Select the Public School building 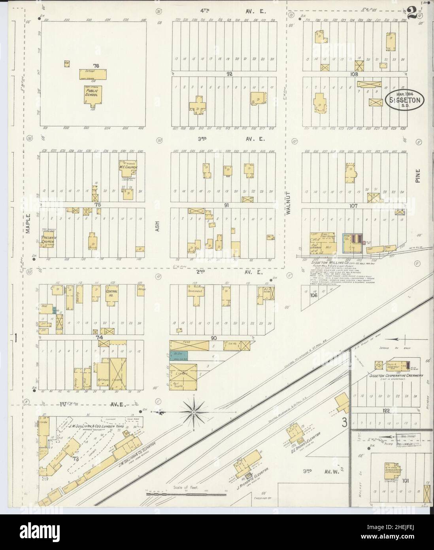pyautogui.click(x=93, y=95)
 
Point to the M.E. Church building pyautogui.click(x=128, y=167)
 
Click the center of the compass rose pyautogui.click(x=194, y=413)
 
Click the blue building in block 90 pyautogui.click(x=178, y=355)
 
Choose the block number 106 pyautogui.click(x=314, y=295)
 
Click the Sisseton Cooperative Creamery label pyautogui.click(x=396, y=375)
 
